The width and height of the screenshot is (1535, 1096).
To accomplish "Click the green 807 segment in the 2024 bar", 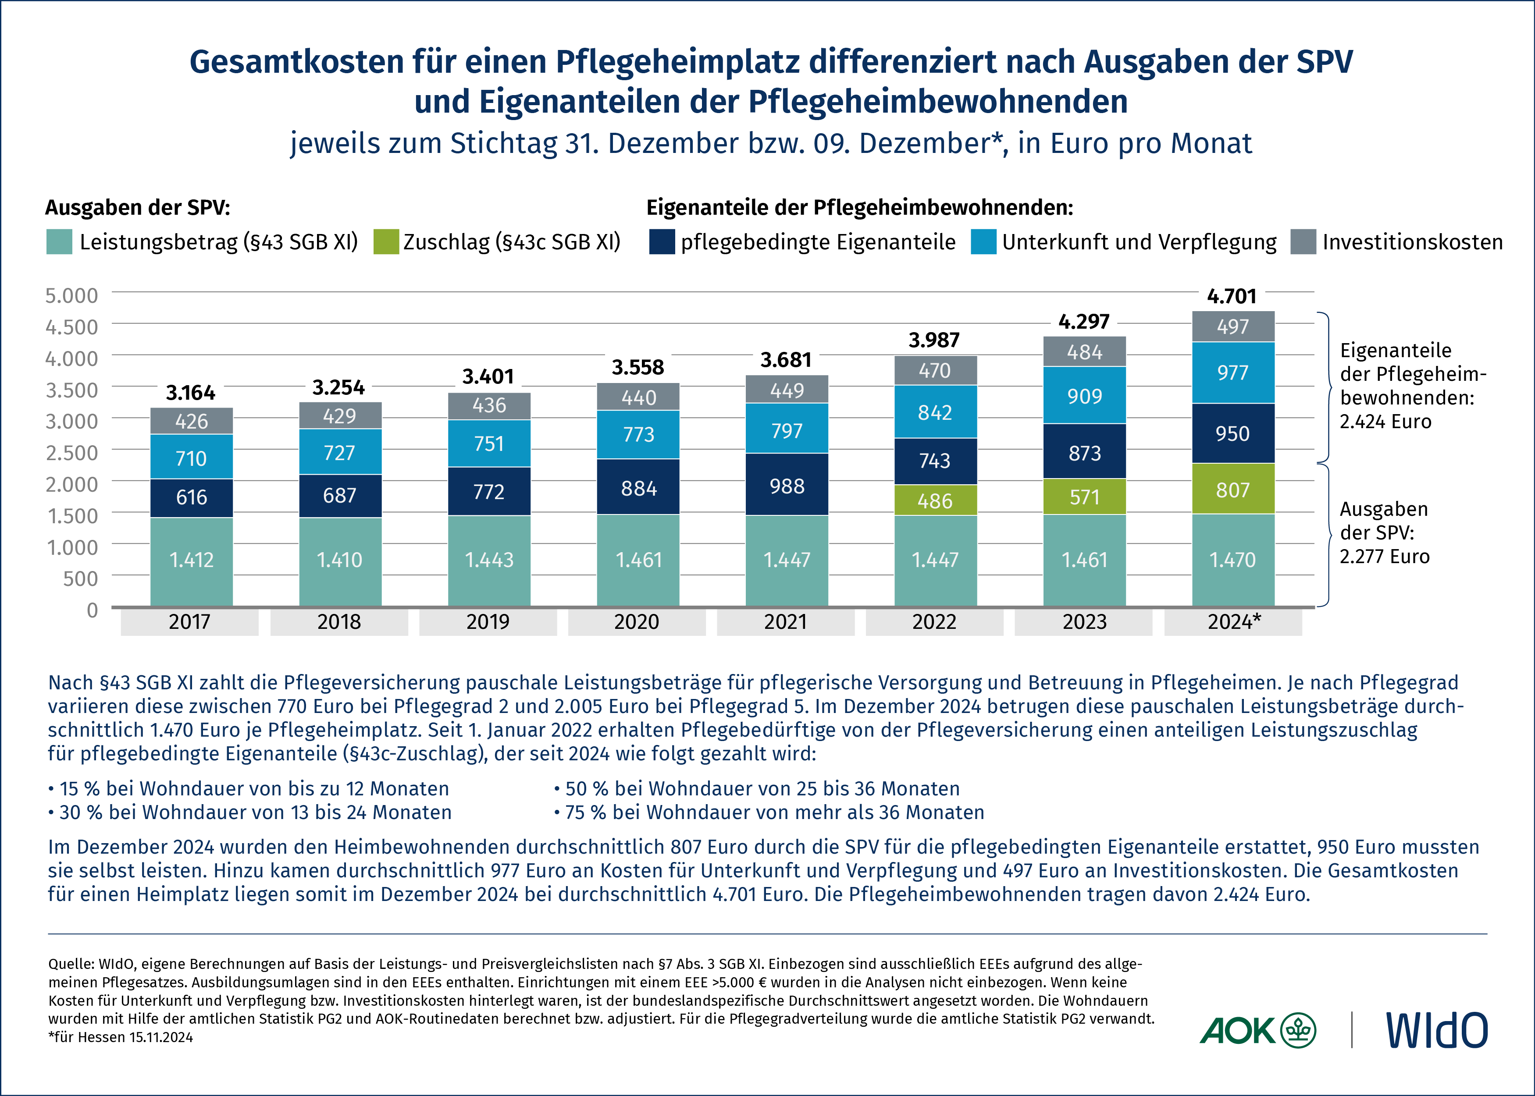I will [1232, 489].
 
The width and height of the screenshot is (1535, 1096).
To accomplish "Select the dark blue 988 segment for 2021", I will [787, 485].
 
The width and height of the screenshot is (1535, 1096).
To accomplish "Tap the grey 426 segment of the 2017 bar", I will [191, 421].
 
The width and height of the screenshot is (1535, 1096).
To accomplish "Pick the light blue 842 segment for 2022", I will [935, 411].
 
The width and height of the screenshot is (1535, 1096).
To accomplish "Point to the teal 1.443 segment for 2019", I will [489, 560].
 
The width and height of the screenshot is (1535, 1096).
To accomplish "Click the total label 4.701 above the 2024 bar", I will [1232, 296].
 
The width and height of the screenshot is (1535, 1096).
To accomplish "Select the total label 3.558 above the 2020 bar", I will [638, 367].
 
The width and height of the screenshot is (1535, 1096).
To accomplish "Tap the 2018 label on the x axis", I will [339, 621].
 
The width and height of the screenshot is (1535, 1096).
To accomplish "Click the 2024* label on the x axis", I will [1233, 621].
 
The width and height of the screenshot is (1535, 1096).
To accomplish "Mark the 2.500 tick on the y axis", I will [71, 452].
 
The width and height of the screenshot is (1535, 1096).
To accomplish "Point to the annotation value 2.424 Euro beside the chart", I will [1385, 422].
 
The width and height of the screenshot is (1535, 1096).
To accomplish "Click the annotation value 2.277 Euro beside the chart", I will [1385, 557].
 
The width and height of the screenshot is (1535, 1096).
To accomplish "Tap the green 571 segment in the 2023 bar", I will [1084, 497].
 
